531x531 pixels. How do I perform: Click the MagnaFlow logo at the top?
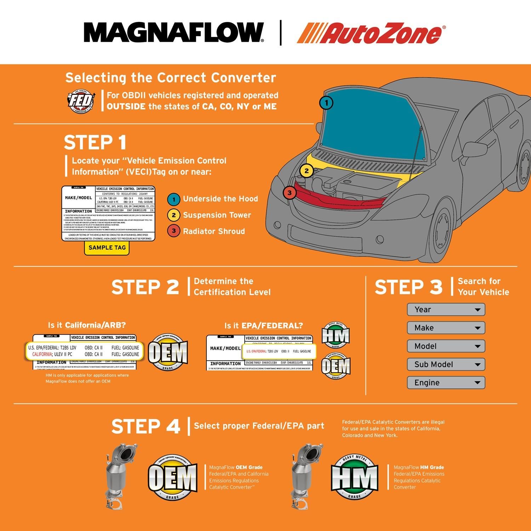click(x=173, y=33)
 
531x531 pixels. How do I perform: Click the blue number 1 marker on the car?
click(x=326, y=103)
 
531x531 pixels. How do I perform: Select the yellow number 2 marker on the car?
click(x=307, y=171)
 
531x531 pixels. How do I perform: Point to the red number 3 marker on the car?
click(x=290, y=193)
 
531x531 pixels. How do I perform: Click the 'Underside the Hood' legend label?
click(x=220, y=199)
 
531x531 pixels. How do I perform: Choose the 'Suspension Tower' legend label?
click(x=217, y=215)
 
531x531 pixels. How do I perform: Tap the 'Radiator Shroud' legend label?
click(x=214, y=232)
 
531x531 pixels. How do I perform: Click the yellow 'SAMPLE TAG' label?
click(x=107, y=248)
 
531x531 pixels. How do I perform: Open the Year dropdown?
click(x=446, y=310)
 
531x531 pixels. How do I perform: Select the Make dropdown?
click(x=446, y=328)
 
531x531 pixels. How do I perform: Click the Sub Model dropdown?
click(x=446, y=365)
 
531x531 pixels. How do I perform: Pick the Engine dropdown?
click(x=446, y=383)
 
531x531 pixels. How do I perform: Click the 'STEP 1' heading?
click(x=95, y=143)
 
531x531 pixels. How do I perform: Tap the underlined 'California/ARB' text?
click(x=95, y=325)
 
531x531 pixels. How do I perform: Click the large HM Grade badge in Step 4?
click(x=354, y=478)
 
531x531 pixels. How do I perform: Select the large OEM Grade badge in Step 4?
click(x=172, y=478)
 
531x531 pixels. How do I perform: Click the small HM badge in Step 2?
click(x=336, y=335)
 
